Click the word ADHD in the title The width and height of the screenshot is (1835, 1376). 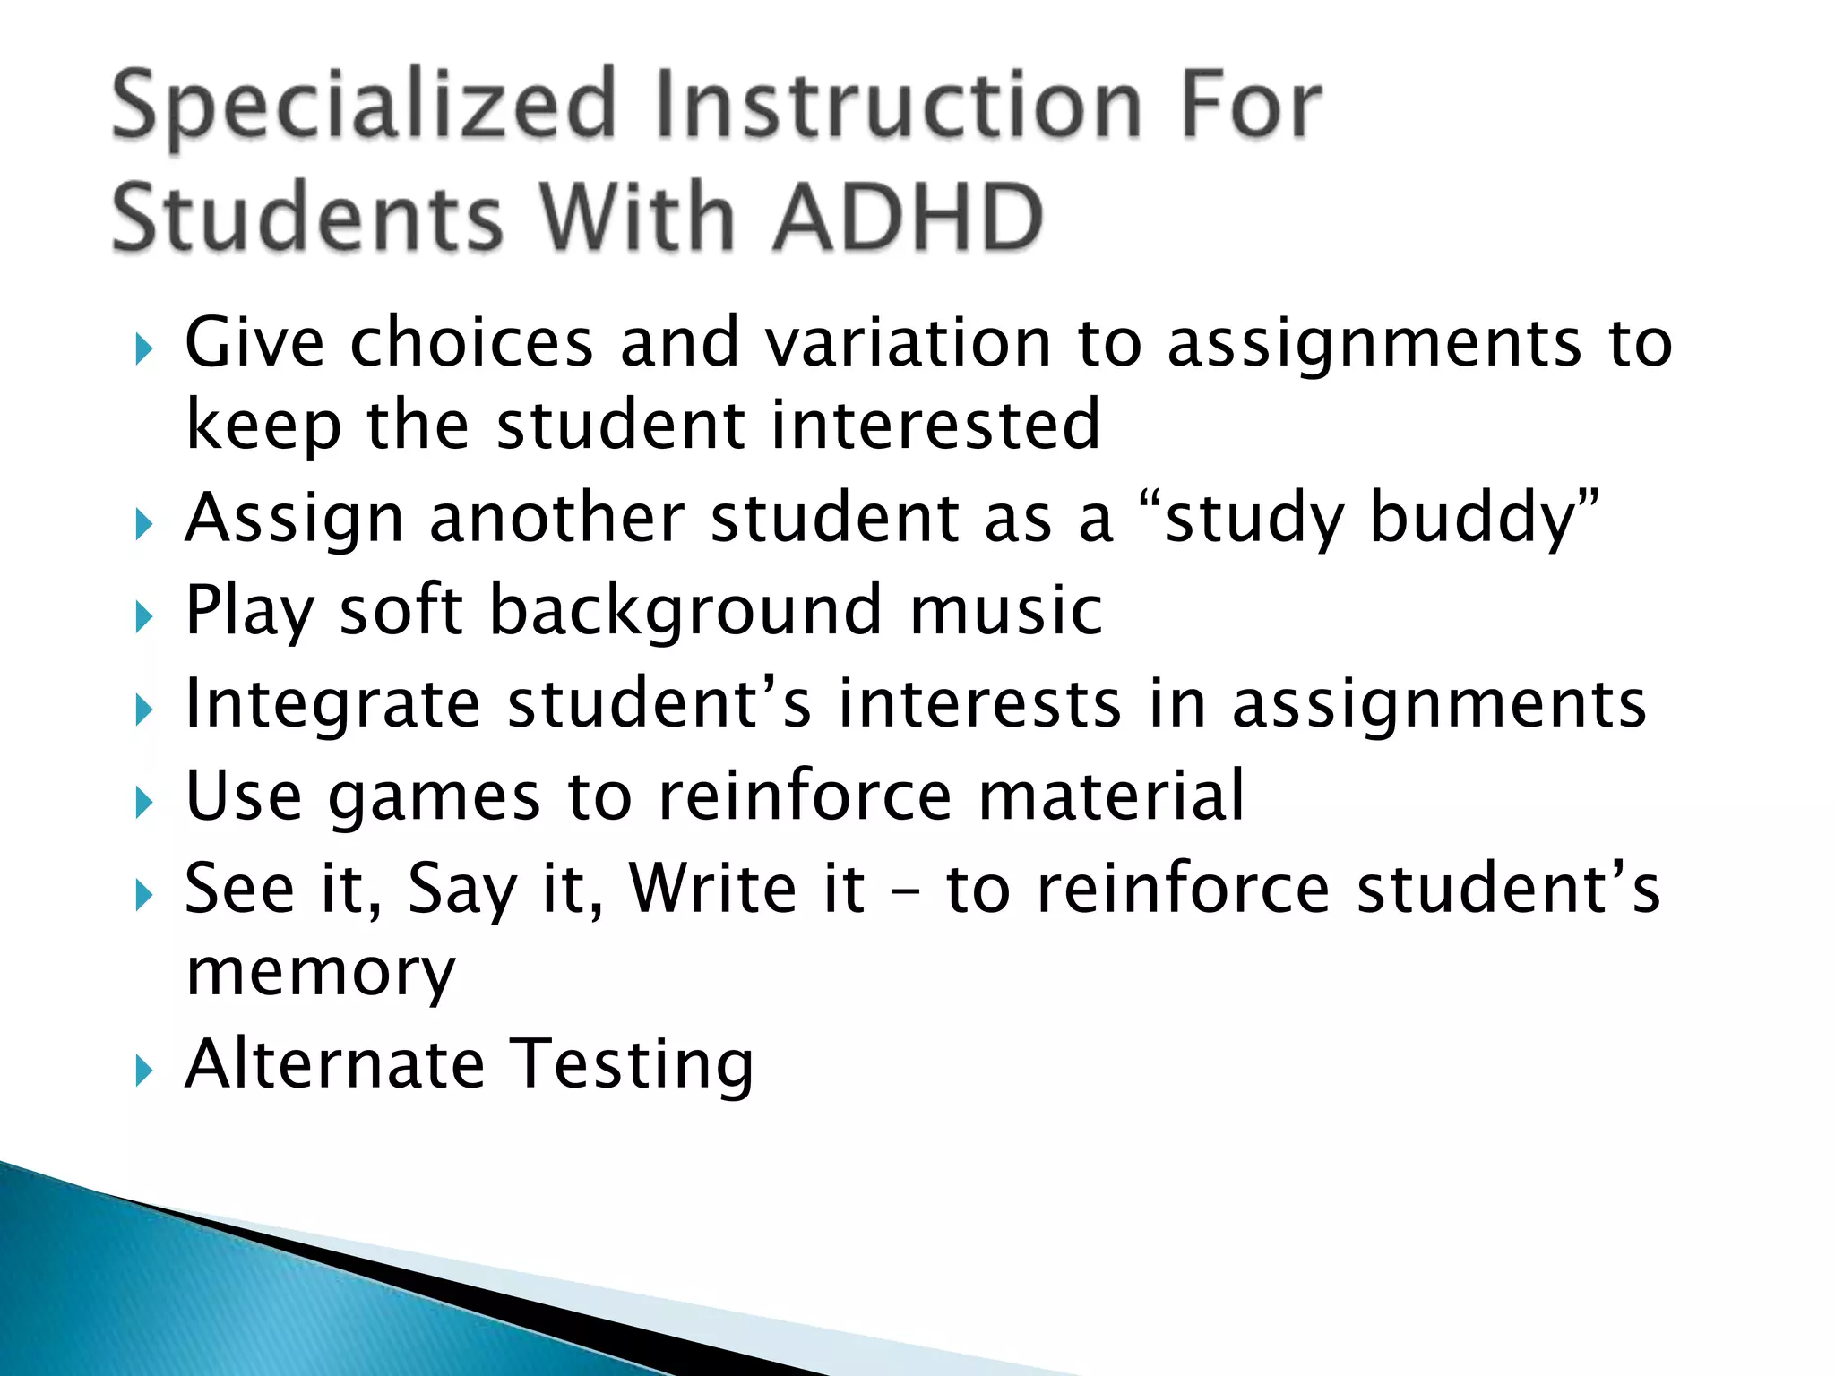pyautogui.click(x=908, y=217)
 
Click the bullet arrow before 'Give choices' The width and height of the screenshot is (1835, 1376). pyautogui.click(x=143, y=349)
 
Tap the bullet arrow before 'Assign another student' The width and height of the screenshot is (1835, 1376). pyautogui.click(x=143, y=524)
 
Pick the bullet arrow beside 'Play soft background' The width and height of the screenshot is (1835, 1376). pyautogui.click(x=143, y=617)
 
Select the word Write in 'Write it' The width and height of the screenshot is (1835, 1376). pyautogui.click(x=711, y=889)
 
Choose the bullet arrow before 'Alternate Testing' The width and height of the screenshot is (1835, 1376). pyautogui.click(x=143, y=1071)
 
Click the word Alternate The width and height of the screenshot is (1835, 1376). pyautogui.click(x=334, y=1063)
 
